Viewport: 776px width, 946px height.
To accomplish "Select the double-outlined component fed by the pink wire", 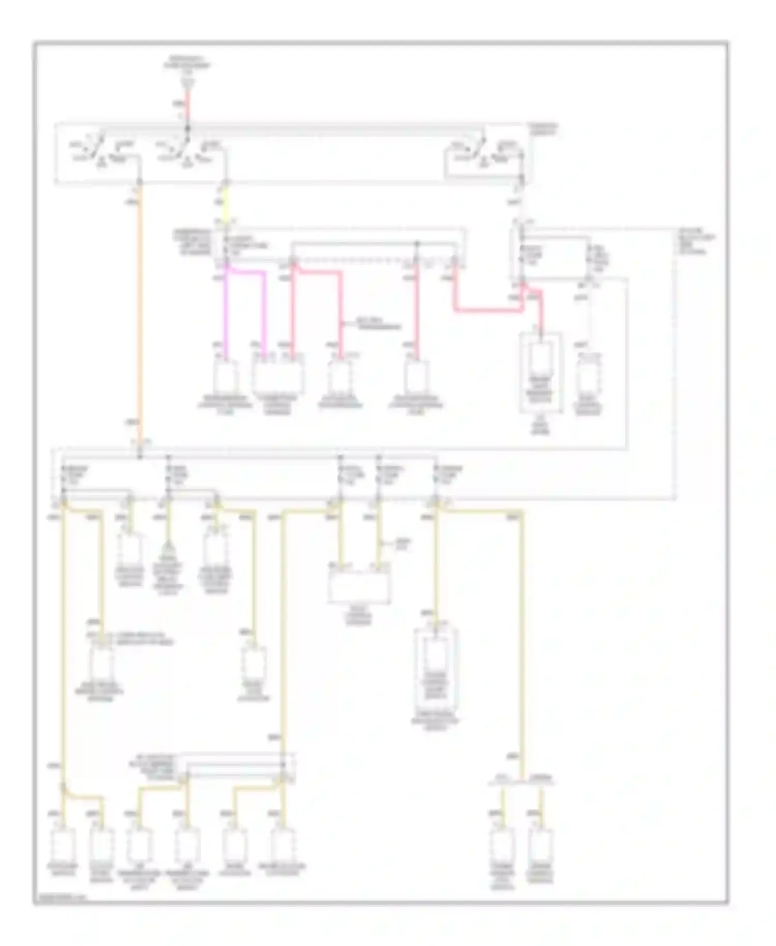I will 540,373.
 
